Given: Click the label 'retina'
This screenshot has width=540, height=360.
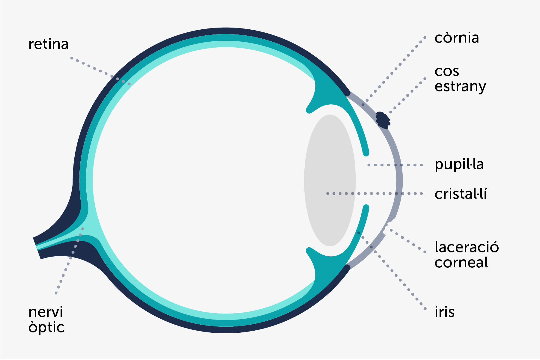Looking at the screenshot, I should pyautogui.click(x=48, y=44).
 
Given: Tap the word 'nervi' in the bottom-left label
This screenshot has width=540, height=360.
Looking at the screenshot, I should pyautogui.click(x=46, y=312).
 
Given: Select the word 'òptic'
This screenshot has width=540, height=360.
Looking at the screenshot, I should pyautogui.click(x=46, y=328).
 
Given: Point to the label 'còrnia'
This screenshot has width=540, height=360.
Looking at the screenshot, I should pyautogui.click(x=456, y=38).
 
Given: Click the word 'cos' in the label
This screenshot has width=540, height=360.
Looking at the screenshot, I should pyautogui.click(x=447, y=72).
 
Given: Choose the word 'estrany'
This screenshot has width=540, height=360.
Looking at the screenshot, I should pyautogui.click(x=460, y=87).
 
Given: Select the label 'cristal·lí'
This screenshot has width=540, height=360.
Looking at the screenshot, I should pyautogui.click(x=461, y=194).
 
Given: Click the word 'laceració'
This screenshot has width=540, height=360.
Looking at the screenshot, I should pyautogui.click(x=467, y=248).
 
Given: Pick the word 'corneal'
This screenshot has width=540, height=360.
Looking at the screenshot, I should pyautogui.click(x=461, y=263).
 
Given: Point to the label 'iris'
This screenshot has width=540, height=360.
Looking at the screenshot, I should pyautogui.click(x=444, y=312).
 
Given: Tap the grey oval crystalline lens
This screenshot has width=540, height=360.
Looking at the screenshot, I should pyautogui.click(x=330, y=168).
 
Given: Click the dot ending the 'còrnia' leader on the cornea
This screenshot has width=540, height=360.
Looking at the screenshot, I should pyautogui.click(x=363, y=105).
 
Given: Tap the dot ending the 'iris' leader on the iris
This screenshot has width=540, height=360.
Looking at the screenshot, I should pyautogui.click(x=359, y=233).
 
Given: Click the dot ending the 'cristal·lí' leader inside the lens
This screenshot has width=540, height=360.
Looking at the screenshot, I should pyautogui.click(x=327, y=194).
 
